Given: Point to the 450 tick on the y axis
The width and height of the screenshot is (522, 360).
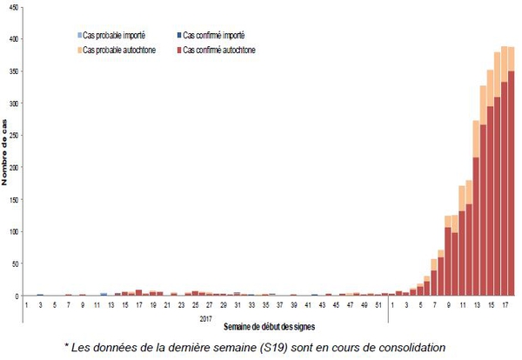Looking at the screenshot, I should (12, 10).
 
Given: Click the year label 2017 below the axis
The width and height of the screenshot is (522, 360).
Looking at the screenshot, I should (205, 317).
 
